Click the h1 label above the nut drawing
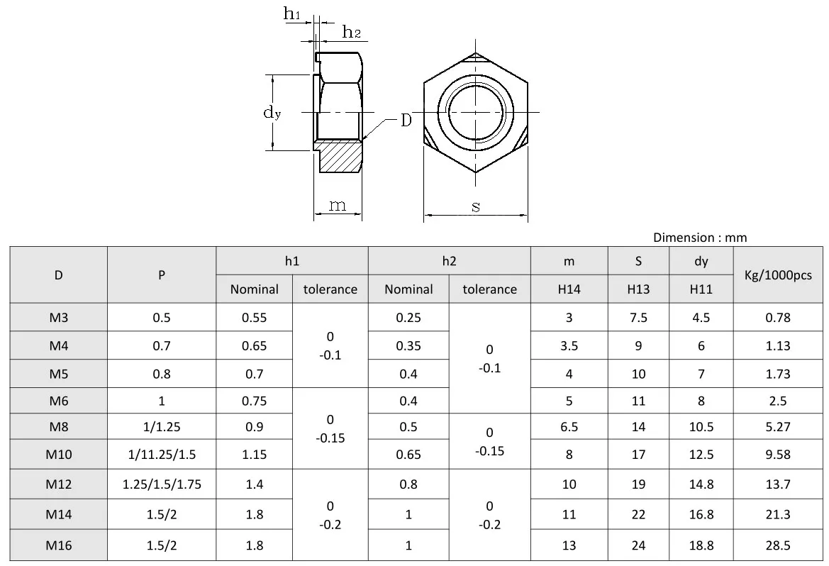click(x=292, y=13)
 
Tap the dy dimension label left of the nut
click(x=272, y=112)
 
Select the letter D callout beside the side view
click(x=406, y=121)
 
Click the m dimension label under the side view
click(x=338, y=205)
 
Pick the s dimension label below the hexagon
click(x=476, y=206)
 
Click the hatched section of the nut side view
click(x=340, y=157)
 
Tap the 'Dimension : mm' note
click(x=699, y=238)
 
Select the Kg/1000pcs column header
click(x=778, y=275)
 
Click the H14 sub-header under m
click(x=569, y=289)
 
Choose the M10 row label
click(x=59, y=455)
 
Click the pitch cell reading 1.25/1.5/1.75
click(x=162, y=485)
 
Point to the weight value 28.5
click(x=778, y=545)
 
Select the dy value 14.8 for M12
click(x=701, y=485)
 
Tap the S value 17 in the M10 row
click(x=638, y=455)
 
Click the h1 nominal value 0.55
click(x=254, y=318)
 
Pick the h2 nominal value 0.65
click(x=408, y=455)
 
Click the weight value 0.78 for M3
click(x=778, y=318)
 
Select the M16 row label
click(x=59, y=545)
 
